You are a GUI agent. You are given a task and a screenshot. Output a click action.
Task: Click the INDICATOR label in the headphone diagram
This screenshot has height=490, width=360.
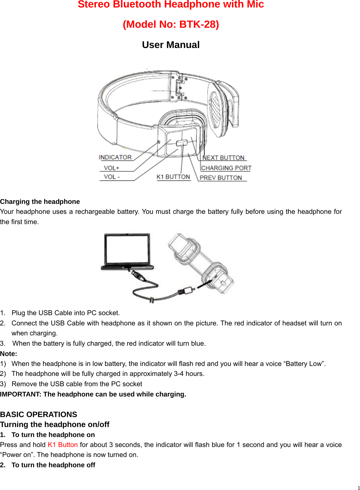[x=115, y=157]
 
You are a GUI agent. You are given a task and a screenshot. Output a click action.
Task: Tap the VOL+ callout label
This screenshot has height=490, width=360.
[x=111, y=168]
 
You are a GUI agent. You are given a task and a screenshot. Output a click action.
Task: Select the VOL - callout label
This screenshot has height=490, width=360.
[x=111, y=177]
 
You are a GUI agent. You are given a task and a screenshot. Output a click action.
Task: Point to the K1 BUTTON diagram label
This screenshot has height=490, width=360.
[x=173, y=177]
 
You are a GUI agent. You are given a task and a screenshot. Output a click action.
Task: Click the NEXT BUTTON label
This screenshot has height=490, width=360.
[x=223, y=158]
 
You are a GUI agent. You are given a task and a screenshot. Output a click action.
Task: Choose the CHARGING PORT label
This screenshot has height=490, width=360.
[x=226, y=168]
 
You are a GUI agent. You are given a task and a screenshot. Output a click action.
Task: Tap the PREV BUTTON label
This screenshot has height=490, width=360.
[x=220, y=178]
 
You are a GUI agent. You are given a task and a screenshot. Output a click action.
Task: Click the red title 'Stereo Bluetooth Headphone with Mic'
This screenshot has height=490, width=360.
[x=171, y=5]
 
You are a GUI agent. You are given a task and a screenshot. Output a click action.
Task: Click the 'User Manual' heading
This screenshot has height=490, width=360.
[x=171, y=45]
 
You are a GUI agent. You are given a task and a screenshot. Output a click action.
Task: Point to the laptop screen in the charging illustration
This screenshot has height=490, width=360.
[x=127, y=249]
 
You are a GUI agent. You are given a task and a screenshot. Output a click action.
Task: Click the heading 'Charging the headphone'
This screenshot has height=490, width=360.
[x=40, y=202]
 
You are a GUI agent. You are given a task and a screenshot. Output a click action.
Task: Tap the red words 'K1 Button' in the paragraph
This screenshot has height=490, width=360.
[x=63, y=445]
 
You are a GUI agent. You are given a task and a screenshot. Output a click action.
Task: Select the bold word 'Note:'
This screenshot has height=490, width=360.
[x=9, y=354]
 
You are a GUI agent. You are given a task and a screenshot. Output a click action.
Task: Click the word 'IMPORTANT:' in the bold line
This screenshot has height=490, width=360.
[x=21, y=394]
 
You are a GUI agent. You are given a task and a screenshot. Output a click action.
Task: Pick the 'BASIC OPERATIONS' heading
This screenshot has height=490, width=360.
[x=39, y=415]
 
